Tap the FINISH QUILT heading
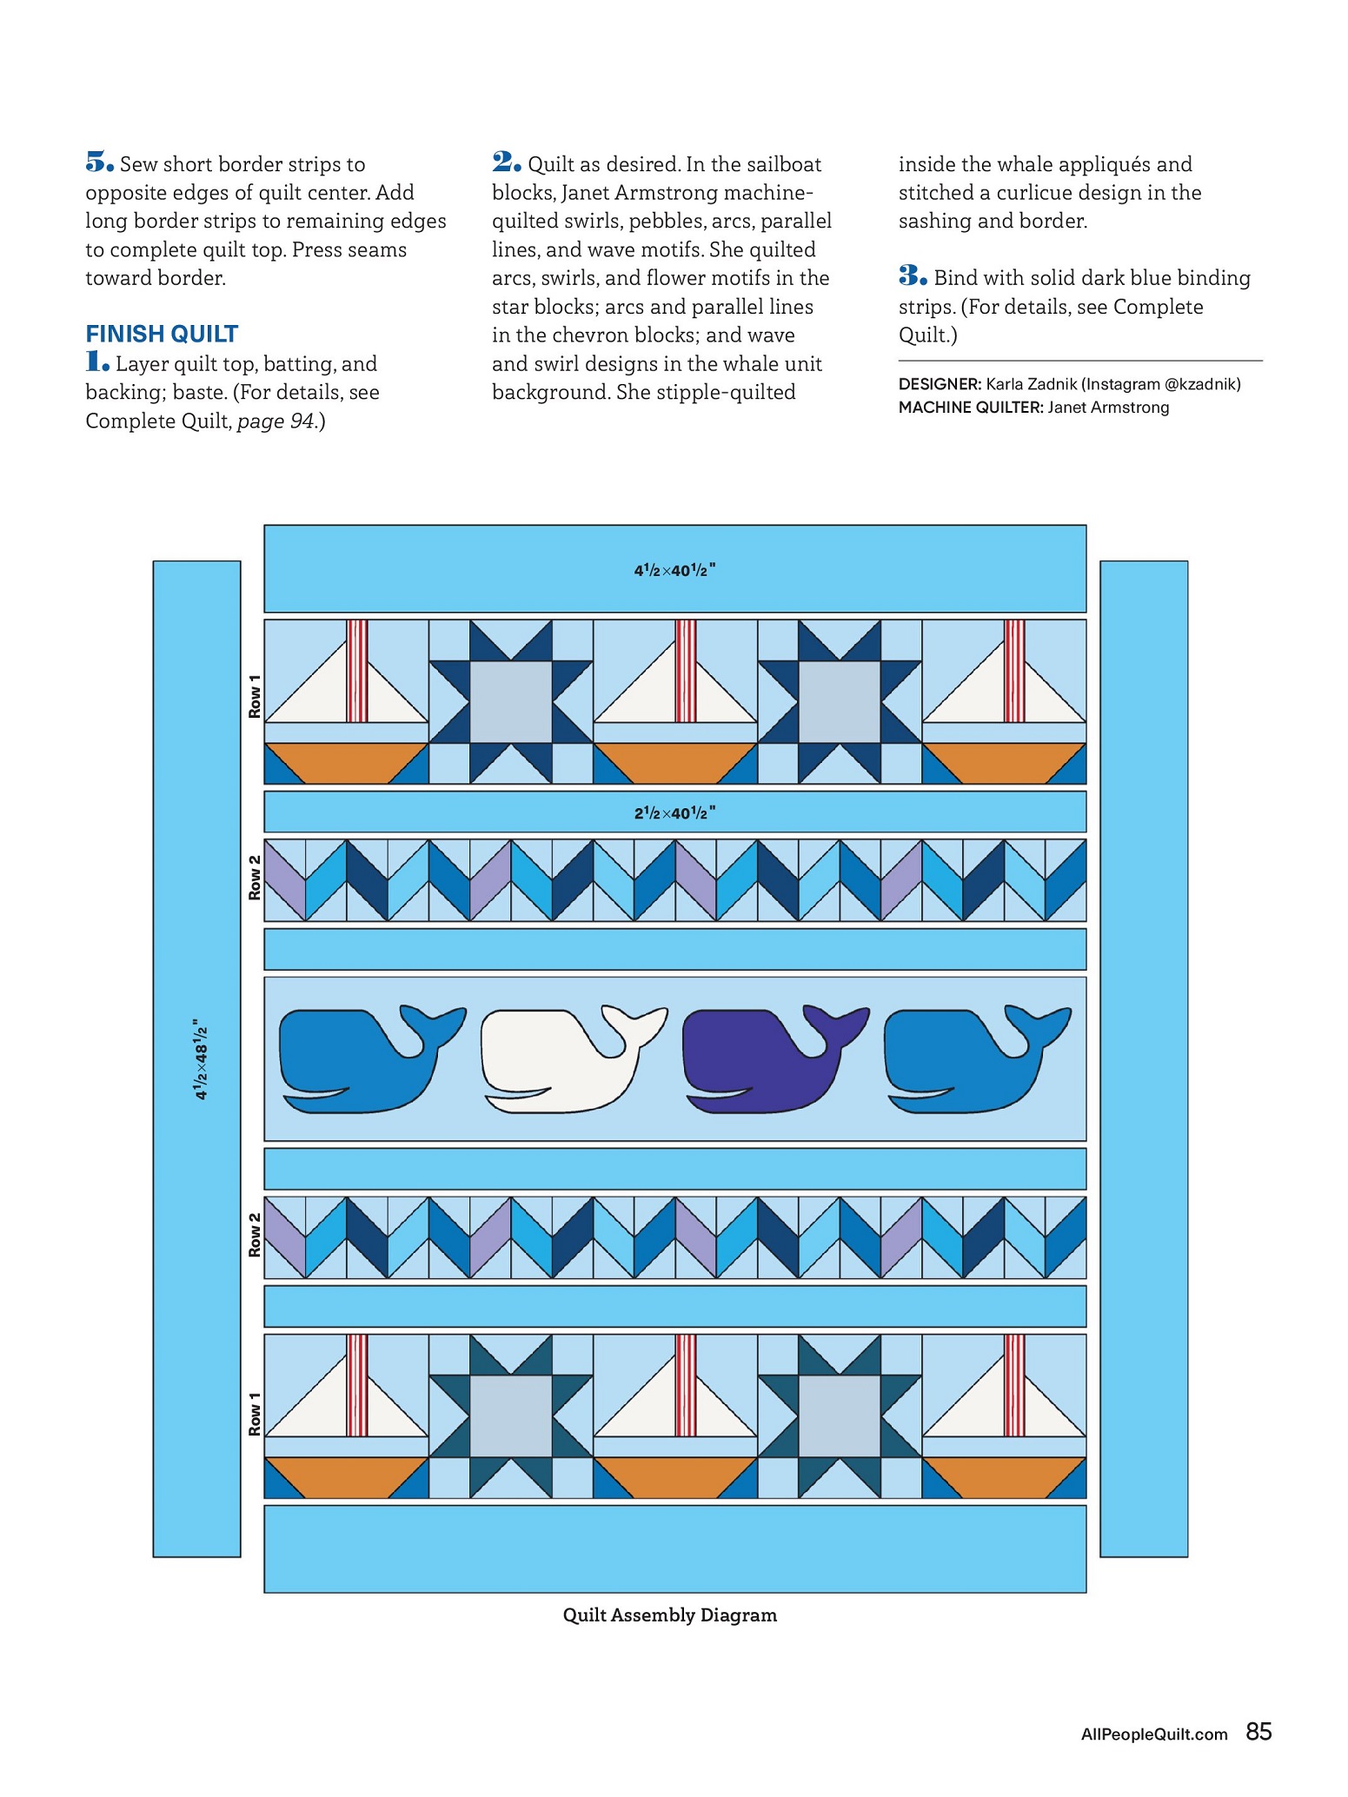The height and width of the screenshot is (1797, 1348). pyautogui.click(x=162, y=334)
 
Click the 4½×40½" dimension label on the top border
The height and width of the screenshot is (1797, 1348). pyautogui.click(x=674, y=570)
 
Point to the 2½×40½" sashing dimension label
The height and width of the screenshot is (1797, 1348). pyautogui.click(x=674, y=812)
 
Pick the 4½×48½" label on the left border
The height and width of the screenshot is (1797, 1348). pyautogui.click(x=200, y=1059)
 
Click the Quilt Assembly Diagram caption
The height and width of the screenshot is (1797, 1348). pyautogui.click(x=669, y=1615)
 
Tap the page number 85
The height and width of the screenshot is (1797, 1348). pyautogui.click(x=1258, y=1732)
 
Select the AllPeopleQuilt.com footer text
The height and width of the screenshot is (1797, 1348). pyautogui.click(x=1153, y=1734)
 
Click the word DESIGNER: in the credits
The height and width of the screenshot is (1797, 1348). pyautogui.click(x=940, y=384)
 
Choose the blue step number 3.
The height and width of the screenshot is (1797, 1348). pyautogui.click(x=913, y=276)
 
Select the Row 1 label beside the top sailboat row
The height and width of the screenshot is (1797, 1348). pyautogui.click(x=254, y=696)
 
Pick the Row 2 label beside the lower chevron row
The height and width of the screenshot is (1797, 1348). pyautogui.click(x=254, y=1235)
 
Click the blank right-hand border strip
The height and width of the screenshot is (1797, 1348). pyautogui.click(x=1143, y=1059)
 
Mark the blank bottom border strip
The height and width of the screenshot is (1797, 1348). pyautogui.click(x=674, y=1548)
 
